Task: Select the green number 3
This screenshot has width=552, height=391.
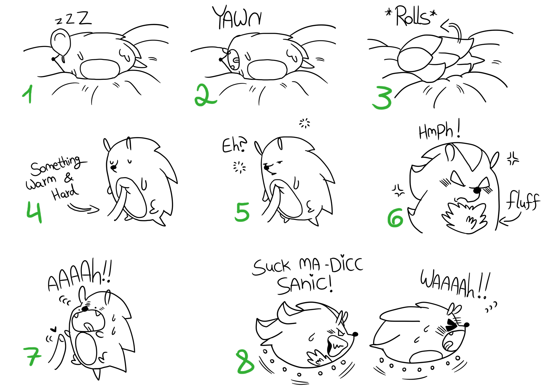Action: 383,98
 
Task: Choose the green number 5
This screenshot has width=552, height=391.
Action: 242,212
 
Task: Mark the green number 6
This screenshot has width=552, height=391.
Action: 395,218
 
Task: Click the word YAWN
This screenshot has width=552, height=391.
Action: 237,17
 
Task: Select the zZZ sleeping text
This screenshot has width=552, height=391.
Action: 73,18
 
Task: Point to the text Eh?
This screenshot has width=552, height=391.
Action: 235,145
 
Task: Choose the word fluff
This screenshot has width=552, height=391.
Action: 523,200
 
